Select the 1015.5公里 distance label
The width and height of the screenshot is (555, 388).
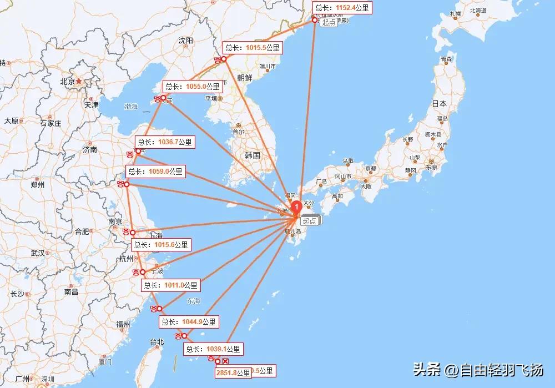(253, 48)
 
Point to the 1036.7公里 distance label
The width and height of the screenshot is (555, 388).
(165, 142)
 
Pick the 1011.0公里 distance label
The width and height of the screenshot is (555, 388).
(170, 285)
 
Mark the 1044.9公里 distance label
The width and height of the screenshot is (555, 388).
(189, 321)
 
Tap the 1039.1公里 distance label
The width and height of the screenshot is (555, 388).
(213, 349)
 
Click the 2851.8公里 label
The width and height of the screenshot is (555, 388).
(233, 372)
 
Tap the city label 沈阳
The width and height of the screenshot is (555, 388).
(186, 41)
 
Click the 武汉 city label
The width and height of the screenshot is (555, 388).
(38, 253)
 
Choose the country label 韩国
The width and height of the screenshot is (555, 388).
(252, 155)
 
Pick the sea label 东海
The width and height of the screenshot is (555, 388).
(193, 301)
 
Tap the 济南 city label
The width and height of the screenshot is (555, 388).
(90, 149)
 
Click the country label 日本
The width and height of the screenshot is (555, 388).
(440, 103)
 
